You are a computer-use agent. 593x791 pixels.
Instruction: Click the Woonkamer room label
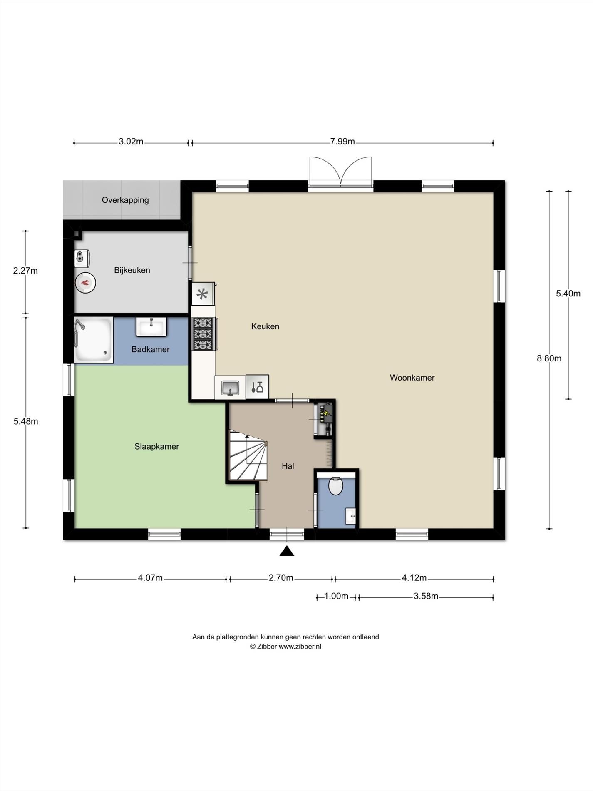click(x=412, y=378)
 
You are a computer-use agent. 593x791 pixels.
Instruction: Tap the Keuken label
click(x=265, y=326)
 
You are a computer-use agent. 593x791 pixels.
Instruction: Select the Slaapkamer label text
click(x=156, y=447)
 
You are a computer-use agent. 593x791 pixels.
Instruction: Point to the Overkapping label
click(x=125, y=200)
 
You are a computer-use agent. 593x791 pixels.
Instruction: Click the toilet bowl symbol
click(x=335, y=486)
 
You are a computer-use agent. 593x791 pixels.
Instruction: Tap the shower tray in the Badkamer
click(x=94, y=339)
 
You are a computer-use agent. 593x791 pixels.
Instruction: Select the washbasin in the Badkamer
click(x=151, y=326)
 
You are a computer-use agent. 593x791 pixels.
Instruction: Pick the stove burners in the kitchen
click(x=203, y=334)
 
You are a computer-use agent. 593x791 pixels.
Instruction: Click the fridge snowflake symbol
click(x=202, y=294)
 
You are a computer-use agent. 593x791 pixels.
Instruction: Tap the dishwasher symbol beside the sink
click(x=257, y=387)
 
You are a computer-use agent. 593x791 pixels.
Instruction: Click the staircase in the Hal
click(x=248, y=456)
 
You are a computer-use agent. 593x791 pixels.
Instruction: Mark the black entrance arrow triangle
click(x=287, y=551)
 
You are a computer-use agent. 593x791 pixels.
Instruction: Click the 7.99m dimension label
click(x=342, y=142)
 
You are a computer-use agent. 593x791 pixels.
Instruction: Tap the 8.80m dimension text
click(x=549, y=358)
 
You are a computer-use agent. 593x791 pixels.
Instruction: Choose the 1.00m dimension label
click(x=336, y=597)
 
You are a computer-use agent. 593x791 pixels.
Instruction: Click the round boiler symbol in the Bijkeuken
click(x=85, y=283)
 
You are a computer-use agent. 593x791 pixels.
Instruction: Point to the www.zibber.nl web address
click(x=300, y=647)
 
